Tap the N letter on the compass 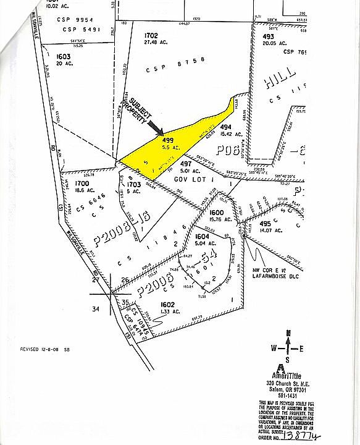[x=288, y=334]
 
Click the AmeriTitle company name [x=288, y=376]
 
